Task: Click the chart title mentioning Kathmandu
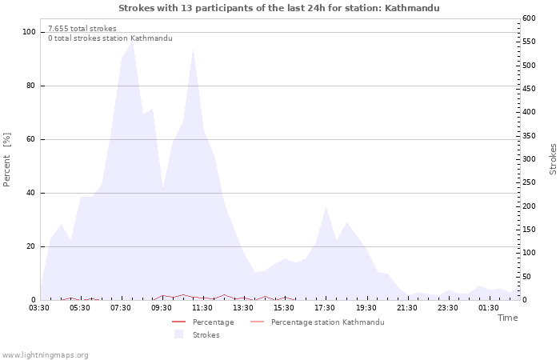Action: coord(279,8)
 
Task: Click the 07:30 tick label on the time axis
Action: coord(121,308)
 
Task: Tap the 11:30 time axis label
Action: coord(202,308)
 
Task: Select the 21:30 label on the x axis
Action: coord(406,308)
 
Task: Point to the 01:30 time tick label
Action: coord(489,308)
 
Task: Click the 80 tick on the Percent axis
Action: coord(30,86)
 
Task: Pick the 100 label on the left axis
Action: coord(29,32)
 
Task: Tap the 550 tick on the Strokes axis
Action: coord(529,42)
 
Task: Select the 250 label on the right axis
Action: coord(529,182)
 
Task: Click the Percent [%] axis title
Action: coord(6,160)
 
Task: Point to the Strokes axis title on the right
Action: coord(553,159)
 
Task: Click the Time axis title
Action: coord(507,318)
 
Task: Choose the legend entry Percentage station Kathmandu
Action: coord(327,322)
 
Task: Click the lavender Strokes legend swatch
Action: coord(178,334)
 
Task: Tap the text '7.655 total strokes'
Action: coord(82,29)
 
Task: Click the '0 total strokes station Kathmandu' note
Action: coord(110,38)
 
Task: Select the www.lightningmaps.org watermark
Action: coord(44,355)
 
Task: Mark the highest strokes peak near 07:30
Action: coord(133,41)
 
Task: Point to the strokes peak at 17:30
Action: coord(326,206)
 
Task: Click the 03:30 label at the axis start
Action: coord(39,308)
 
